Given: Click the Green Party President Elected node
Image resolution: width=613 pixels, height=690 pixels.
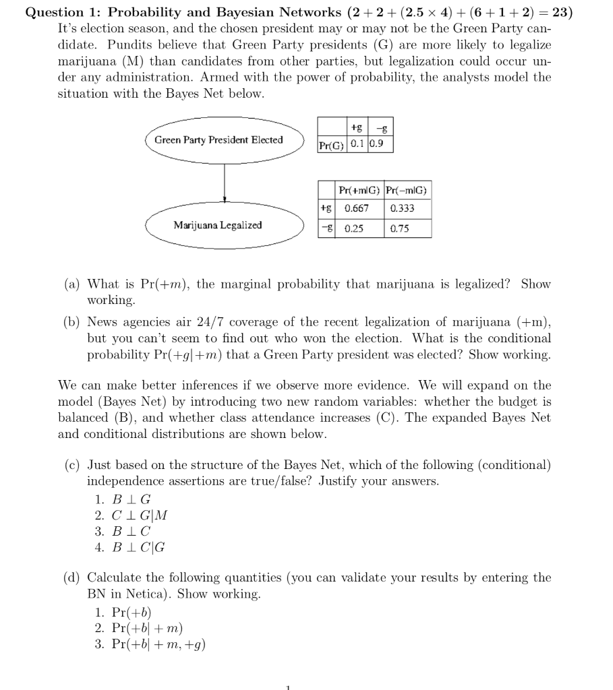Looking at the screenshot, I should pyautogui.click(x=218, y=140).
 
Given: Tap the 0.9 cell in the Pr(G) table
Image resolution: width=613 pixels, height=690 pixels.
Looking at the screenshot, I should pyautogui.click(x=380, y=144).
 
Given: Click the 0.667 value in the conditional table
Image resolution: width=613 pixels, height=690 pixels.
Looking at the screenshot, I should pyautogui.click(x=356, y=208).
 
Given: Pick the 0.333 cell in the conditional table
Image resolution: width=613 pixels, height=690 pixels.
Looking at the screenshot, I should pyautogui.click(x=402, y=208).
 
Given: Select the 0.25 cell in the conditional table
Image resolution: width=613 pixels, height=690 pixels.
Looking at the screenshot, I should pyautogui.click(x=354, y=228).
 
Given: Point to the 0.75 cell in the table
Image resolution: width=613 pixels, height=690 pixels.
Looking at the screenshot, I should pyautogui.click(x=400, y=228).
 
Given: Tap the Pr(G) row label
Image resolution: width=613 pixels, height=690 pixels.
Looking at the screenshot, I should pyautogui.click(x=331, y=144).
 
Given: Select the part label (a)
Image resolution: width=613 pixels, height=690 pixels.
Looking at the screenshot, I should pyautogui.click(x=71, y=284).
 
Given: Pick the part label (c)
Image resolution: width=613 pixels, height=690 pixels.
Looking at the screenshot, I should pyautogui.click(x=71, y=466).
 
